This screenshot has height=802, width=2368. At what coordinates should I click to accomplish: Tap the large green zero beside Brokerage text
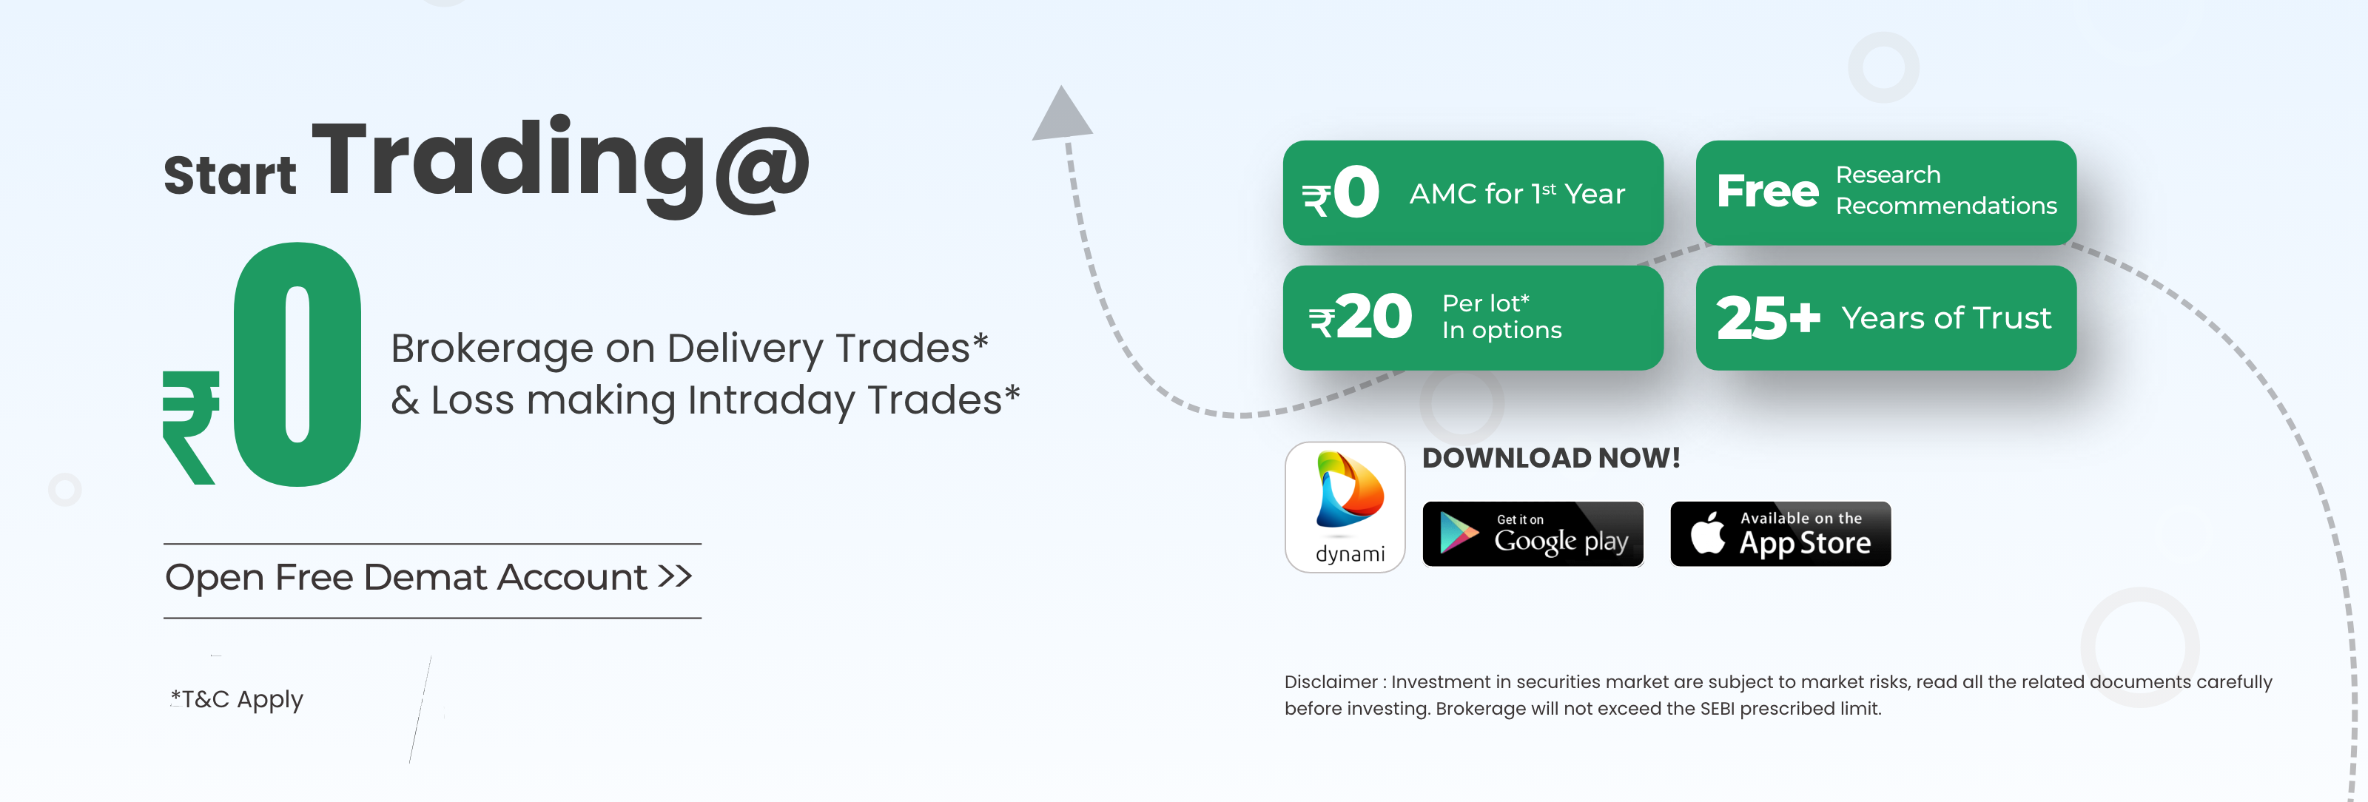(297, 364)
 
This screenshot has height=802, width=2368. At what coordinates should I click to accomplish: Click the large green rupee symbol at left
(191, 427)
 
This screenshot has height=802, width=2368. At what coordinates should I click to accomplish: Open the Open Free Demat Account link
(428, 577)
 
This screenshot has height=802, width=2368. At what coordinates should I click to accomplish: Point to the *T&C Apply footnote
(237, 700)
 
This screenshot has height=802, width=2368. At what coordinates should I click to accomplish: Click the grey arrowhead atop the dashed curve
(1063, 113)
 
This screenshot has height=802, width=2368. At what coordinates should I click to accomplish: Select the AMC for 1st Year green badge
(1473, 193)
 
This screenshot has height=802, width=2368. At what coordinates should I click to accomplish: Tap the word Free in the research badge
(1767, 191)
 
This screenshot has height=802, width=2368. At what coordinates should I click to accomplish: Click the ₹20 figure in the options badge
(1361, 317)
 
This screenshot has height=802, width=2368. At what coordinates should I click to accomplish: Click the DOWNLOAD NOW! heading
(1551, 457)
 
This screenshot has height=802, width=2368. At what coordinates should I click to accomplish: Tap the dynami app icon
(1345, 507)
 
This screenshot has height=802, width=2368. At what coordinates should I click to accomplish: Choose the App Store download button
(1780, 533)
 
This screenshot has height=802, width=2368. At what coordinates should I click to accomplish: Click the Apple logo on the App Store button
(1708, 533)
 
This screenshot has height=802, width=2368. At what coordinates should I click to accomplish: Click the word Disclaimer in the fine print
(1331, 681)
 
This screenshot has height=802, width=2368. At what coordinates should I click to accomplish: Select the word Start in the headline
(230, 175)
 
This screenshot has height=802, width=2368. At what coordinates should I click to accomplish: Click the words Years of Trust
(1946, 318)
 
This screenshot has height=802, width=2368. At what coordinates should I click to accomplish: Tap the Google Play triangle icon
(1458, 533)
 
